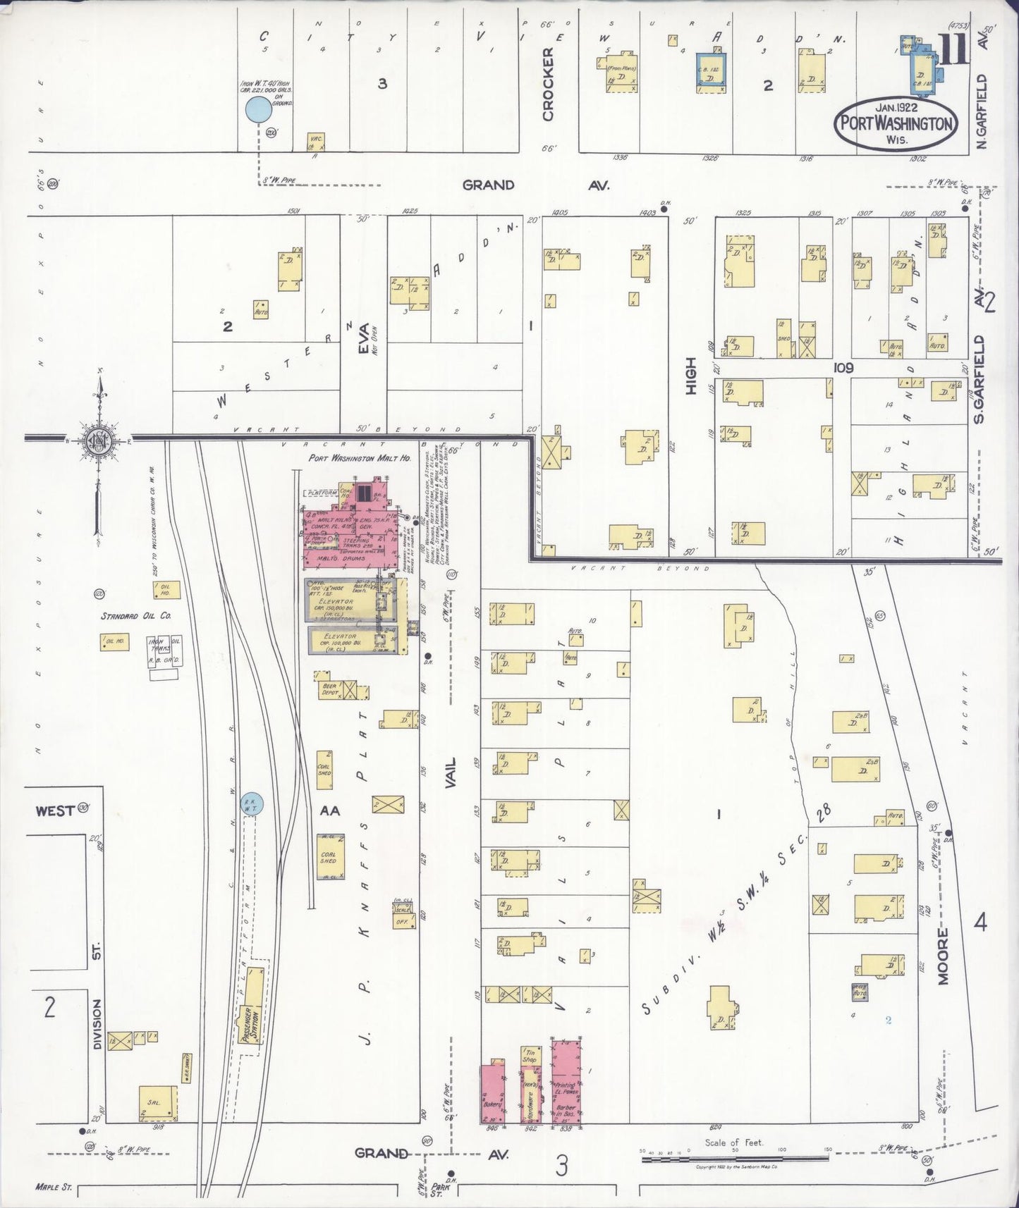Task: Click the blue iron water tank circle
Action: (x=258, y=109)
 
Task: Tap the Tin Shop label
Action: (x=530, y=1056)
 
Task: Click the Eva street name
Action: (x=364, y=336)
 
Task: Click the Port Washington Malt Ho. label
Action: (x=359, y=458)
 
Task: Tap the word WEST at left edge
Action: (x=54, y=811)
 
